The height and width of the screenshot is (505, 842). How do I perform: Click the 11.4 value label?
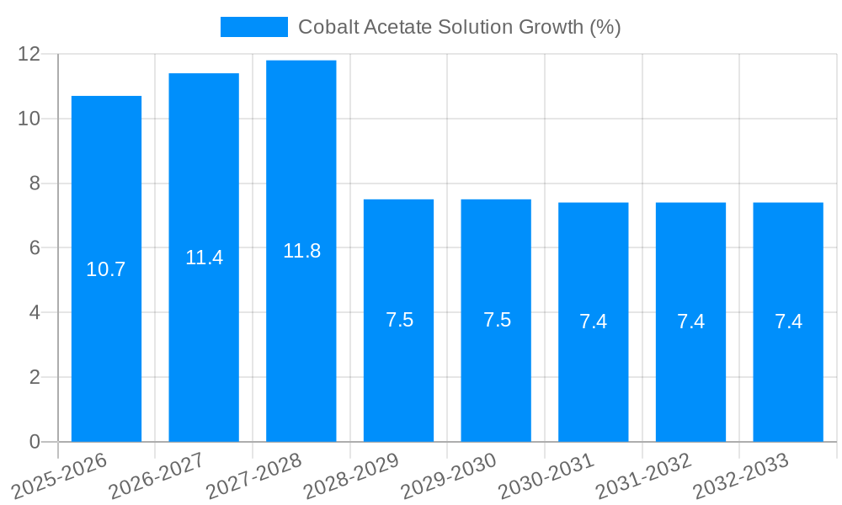pyautogui.click(x=204, y=258)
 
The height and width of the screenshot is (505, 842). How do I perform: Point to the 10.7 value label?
pyautogui.click(x=106, y=269)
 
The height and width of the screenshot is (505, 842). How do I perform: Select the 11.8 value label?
pyautogui.click(x=301, y=251)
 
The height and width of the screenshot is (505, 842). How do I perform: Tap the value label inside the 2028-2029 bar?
pyautogui.click(x=399, y=320)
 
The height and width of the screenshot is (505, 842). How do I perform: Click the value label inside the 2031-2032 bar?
pyautogui.click(x=690, y=322)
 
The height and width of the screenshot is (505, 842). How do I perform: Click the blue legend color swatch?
pyautogui.click(x=253, y=27)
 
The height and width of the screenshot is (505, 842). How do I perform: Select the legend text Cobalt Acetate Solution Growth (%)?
pyautogui.click(x=460, y=27)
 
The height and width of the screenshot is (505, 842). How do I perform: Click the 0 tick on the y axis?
pyautogui.click(x=35, y=442)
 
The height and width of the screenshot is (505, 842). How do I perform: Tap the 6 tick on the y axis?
pyautogui.click(x=35, y=247)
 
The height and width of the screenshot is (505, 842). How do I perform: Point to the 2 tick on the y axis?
pyautogui.click(x=35, y=377)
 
